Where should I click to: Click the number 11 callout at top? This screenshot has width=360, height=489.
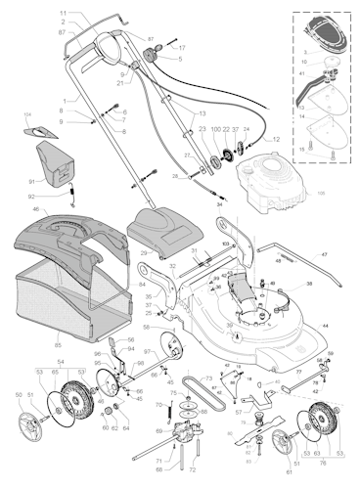[64, 14]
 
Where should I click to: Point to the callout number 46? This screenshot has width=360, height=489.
[36, 209]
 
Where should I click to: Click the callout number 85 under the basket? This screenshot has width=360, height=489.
[58, 344]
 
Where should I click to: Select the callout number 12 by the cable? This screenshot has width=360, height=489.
[276, 140]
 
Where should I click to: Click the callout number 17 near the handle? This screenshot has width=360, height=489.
[182, 47]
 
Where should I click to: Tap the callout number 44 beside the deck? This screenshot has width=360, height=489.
[325, 324]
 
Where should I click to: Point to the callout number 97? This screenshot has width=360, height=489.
[147, 351]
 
